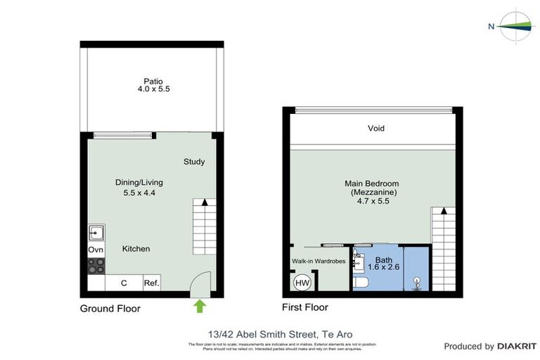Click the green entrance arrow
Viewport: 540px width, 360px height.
tap(200, 306)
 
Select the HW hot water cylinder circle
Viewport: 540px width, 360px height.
tap(302, 283)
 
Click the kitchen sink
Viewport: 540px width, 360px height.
tap(96, 232)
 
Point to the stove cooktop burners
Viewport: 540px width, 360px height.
tap(96, 266)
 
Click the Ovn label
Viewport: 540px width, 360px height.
tap(96, 250)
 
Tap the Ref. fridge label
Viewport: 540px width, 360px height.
tap(151, 283)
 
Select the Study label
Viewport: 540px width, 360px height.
tap(194, 162)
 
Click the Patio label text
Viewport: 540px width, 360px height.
tap(154, 81)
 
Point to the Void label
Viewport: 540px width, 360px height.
tap(376, 129)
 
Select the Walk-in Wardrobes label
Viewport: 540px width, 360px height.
tap(319, 262)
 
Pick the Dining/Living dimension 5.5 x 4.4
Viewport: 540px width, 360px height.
tap(143, 192)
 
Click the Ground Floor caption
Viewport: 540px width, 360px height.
tap(110, 309)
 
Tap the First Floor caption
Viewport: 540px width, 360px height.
tap(305, 307)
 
